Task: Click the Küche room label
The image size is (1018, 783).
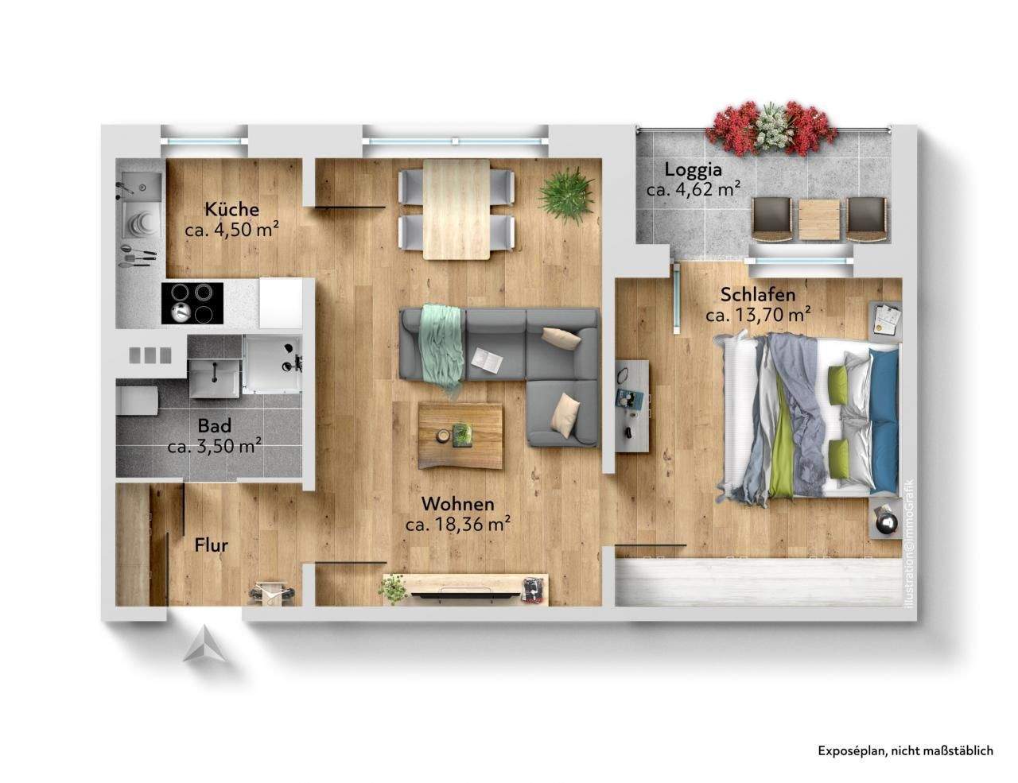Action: [x=231, y=209]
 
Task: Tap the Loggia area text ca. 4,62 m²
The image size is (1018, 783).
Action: [x=694, y=189]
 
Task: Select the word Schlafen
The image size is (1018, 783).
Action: [x=757, y=294]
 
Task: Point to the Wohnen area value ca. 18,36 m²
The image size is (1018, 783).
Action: [x=457, y=524]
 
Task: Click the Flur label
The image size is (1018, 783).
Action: [x=212, y=545]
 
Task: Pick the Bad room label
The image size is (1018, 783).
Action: [x=215, y=425]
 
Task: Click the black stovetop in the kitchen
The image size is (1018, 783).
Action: [x=192, y=303]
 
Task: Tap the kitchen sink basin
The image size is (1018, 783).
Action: [x=142, y=188]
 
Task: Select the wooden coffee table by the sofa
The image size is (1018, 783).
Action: [x=460, y=436]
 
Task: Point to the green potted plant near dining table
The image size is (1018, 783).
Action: [x=567, y=196]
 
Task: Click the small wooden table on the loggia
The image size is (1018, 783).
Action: [x=819, y=219]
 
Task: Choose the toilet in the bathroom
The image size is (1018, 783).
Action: [x=137, y=400]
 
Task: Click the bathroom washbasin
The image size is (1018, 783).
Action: [x=215, y=378]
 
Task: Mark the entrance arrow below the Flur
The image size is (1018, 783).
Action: [x=204, y=644]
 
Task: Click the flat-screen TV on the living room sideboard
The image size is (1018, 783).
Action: [x=466, y=595]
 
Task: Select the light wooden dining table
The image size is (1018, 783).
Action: [x=457, y=209]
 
